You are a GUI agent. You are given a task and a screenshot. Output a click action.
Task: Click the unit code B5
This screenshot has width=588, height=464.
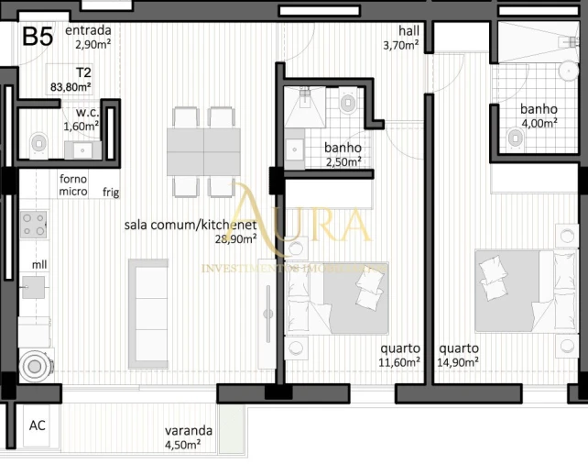[38, 37]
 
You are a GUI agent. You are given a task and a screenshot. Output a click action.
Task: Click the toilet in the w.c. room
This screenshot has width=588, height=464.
[38, 143]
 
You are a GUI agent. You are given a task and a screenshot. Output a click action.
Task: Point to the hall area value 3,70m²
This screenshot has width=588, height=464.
[400, 44]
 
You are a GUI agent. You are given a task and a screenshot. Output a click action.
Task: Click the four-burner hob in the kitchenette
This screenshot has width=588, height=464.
[34, 224]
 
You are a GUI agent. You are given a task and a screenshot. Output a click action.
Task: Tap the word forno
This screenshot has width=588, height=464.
[72, 179]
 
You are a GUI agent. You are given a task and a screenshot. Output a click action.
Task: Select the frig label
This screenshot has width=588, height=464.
[111, 192]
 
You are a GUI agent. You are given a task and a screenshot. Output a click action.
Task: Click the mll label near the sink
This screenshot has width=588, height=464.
[39, 265]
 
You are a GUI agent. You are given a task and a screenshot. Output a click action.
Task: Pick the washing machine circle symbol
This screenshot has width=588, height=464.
[35, 366]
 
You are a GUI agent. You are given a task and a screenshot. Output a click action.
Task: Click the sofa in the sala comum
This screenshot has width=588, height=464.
[147, 301]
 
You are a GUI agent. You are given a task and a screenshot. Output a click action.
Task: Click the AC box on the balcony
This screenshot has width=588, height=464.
[38, 425]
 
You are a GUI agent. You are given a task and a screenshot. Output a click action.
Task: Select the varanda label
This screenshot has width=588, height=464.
[189, 430]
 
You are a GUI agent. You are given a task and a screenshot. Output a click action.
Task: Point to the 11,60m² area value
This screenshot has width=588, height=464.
[400, 362]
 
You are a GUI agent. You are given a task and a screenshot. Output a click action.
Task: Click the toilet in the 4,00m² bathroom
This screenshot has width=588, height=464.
[515, 138]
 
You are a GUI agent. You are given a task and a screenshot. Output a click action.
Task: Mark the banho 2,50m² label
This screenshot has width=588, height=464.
[342, 154]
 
